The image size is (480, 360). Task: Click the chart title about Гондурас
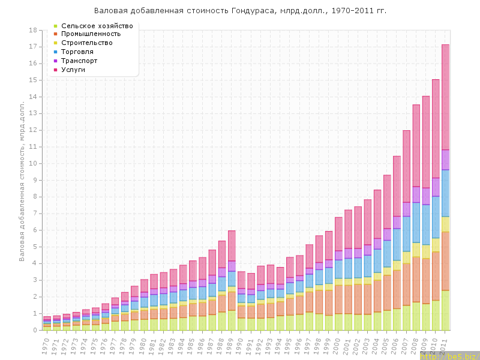pos(240,11)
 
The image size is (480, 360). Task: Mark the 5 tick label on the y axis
pos(35,247)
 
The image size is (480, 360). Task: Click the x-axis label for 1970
pos(46,344)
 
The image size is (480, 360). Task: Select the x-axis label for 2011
pos(445,344)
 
